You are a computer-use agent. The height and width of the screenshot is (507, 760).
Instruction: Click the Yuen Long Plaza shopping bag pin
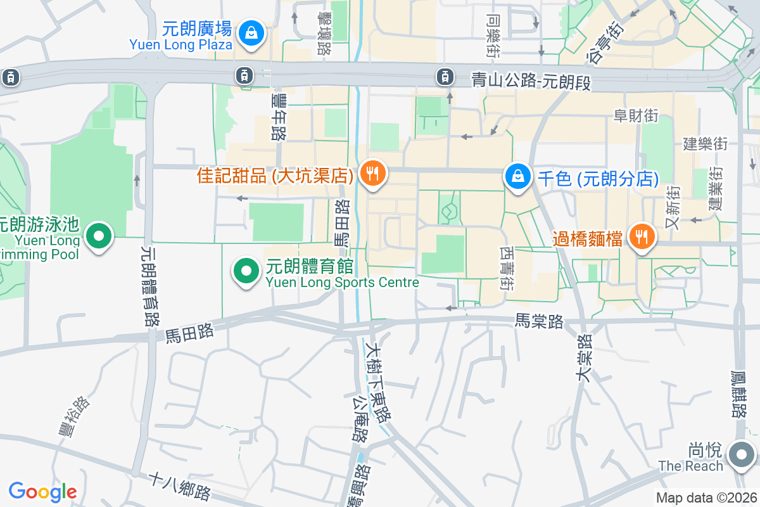252,32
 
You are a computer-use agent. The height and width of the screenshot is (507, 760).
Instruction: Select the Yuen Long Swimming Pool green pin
98,237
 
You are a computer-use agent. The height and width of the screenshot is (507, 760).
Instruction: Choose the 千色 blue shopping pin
518,177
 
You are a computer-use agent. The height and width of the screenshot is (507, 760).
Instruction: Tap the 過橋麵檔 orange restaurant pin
642,238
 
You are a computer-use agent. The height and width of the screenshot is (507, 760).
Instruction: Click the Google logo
42,491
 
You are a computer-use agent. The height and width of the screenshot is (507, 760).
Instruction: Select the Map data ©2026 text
706,498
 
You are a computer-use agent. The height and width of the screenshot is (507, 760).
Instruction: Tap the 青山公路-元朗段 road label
531,80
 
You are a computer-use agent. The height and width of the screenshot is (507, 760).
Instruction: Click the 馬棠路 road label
539,322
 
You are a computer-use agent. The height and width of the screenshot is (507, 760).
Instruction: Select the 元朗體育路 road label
151,286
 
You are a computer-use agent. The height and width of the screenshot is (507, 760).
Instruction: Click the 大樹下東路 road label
377,382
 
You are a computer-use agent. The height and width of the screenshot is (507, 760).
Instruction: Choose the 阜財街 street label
636,115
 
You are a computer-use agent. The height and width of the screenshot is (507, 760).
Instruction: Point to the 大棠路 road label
584,358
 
